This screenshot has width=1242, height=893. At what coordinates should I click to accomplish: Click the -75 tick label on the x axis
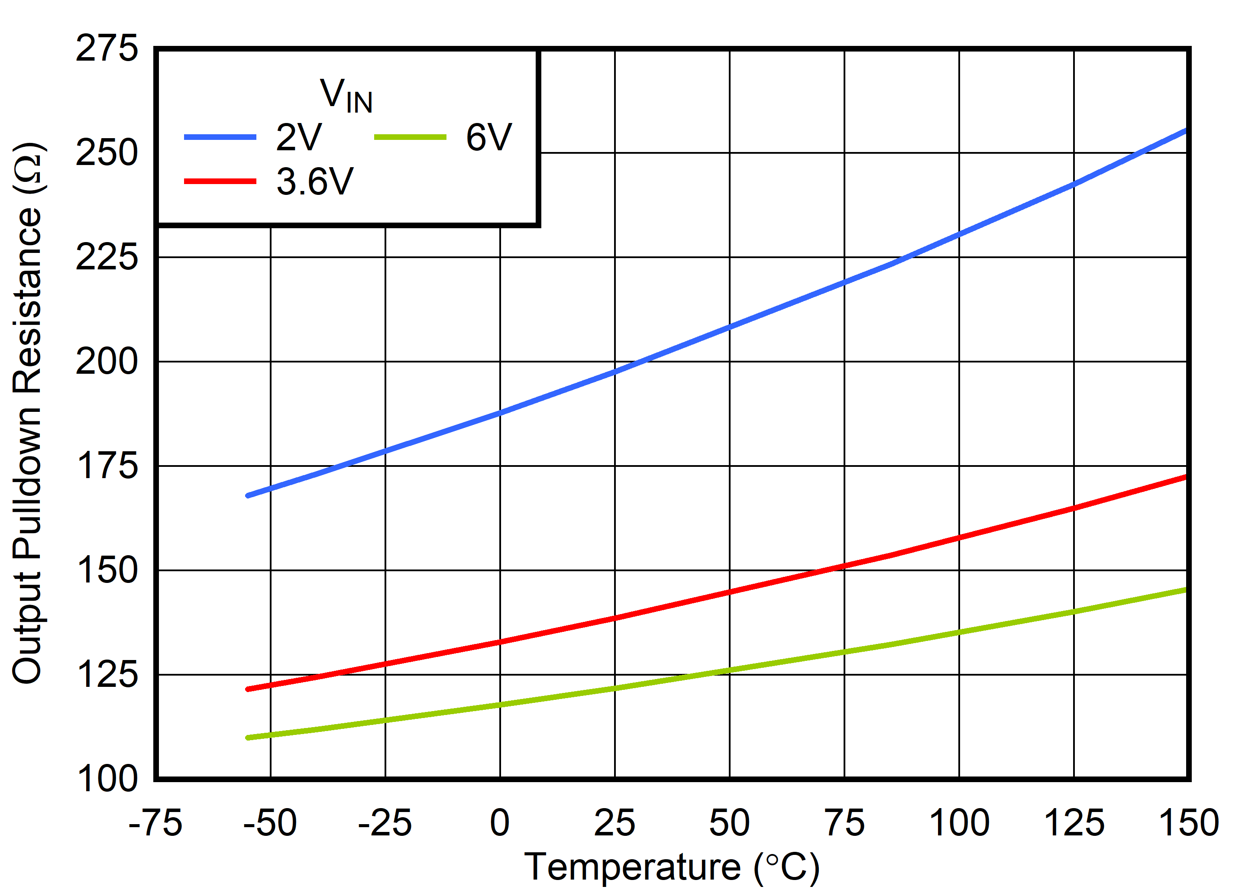(155, 822)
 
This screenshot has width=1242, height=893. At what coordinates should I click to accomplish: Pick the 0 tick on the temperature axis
(499, 822)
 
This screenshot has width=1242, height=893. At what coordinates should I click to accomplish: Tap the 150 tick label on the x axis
(1188, 822)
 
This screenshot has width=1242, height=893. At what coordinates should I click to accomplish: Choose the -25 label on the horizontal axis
(385, 822)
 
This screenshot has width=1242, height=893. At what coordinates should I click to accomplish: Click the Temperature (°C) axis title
(672, 867)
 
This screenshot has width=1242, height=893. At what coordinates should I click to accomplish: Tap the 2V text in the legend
(299, 137)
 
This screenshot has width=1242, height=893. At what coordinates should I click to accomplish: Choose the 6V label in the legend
(488, 137)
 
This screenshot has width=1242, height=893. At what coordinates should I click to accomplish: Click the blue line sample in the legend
(220, 137)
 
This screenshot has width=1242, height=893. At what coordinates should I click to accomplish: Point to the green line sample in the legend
(410, 137)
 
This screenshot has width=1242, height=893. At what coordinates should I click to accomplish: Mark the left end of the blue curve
(248, 495)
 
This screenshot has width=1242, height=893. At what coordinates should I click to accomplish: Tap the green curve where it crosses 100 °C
(959, 633)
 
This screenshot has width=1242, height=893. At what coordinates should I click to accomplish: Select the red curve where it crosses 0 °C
(499, 642)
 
